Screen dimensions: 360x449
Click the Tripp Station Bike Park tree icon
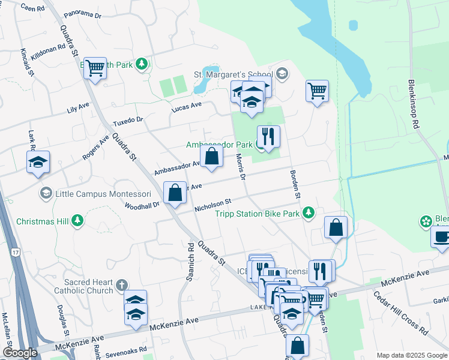308,213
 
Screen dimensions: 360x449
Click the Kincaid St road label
26,63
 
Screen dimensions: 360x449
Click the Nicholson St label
212,206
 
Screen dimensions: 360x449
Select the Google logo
20,352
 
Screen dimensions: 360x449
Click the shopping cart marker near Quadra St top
95,69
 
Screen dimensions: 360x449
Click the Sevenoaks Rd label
127,350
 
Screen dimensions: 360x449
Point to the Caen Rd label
32,8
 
